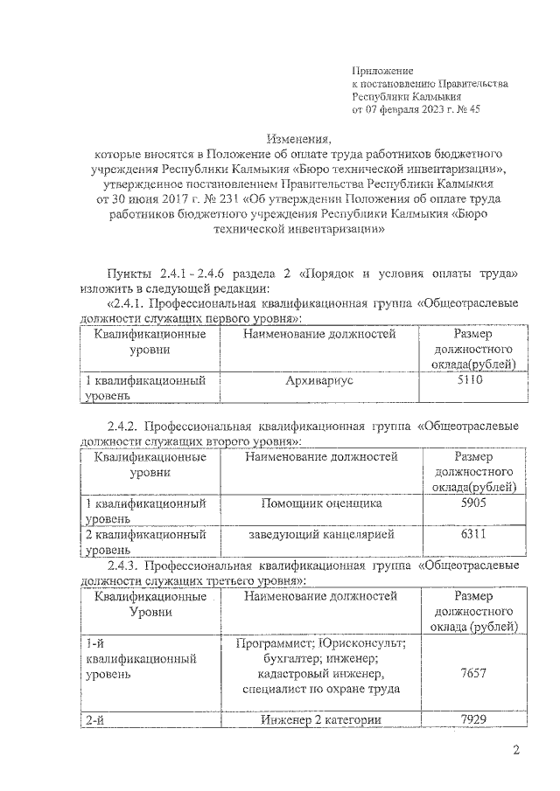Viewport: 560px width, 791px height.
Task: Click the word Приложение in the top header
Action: coord(381,69)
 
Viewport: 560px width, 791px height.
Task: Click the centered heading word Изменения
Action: coord(298,139)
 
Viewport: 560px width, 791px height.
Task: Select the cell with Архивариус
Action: coord(318,381)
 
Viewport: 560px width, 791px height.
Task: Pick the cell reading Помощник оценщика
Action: coord(320,504)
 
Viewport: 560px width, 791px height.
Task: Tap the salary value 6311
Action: coord(473,534)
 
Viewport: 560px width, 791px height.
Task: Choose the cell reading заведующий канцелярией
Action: coord(320,534)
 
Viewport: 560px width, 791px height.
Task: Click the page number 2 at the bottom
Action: coord(516,751)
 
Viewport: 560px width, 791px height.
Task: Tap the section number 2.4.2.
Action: coord(124,427)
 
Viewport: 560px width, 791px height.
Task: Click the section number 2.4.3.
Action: coord(124,565)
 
